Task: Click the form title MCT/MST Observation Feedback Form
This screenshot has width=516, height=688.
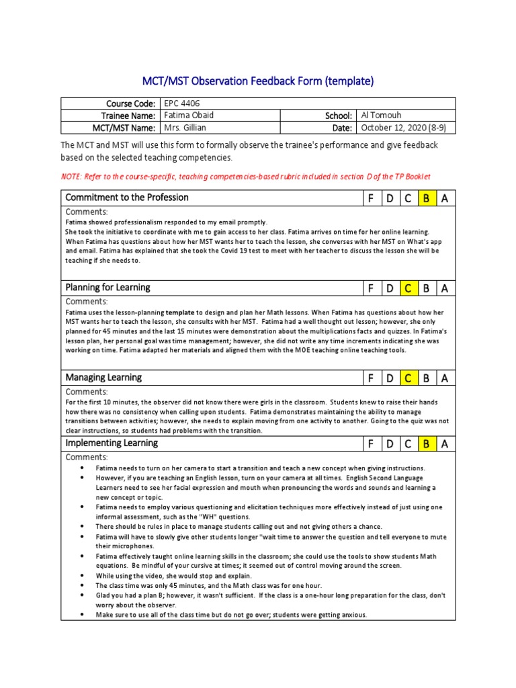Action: [x=257, y=81]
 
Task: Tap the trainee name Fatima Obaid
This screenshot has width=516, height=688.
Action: [x=189, y=116]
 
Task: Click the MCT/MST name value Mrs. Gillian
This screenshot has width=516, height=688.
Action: [x=185, y=128]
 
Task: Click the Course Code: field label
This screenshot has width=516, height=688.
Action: [x=131, y=104]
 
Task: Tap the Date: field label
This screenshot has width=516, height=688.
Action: [x=341, y=128]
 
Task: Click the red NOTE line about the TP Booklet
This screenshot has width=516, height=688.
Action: [x=245, y=176]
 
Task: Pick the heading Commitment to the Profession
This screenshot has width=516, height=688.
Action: [x=127, y=198]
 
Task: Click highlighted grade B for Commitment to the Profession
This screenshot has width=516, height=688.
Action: [x=425, y=198]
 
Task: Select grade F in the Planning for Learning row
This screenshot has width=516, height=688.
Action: [x=370, y=288]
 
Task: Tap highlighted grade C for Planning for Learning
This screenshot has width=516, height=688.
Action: [x=407, y=288]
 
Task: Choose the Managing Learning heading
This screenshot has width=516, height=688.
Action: [x=103, y=378]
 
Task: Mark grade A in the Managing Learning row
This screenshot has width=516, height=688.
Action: [x=444, y=379]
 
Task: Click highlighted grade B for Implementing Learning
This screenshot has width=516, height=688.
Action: [x=425, y=444]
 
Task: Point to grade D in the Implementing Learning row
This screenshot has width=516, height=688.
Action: [x=388, y=444]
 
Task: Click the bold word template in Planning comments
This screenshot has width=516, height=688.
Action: [x=180, y=312]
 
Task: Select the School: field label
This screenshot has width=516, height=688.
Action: [x=339, y=116]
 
